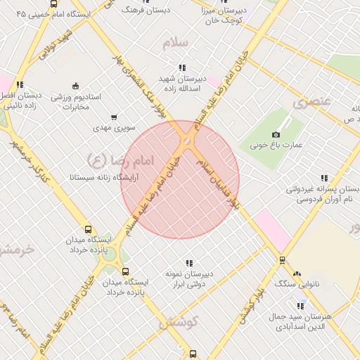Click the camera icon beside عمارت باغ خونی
point(276,134)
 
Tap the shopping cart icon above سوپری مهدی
point(114,117)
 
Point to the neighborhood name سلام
point(175,43)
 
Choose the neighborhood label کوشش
point(179,323)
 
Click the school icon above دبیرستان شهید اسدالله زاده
point(182,68)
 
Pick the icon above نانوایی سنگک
point(297,274)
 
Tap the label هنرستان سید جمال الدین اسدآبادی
point(300,322)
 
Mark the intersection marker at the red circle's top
point(187,143)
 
